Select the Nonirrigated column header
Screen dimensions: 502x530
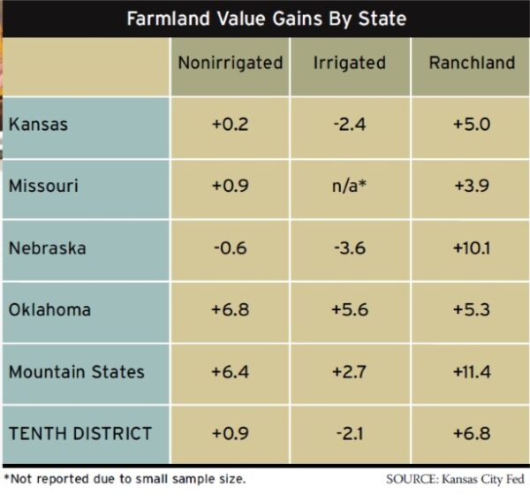[230, 63]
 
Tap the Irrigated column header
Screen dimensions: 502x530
[350, 63]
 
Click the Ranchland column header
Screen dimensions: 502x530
[471, 63]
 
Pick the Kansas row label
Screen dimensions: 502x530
[39, 124]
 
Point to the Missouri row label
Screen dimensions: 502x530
[44, 186]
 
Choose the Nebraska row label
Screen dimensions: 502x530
[48, 247]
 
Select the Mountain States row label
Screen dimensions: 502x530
[77, 371]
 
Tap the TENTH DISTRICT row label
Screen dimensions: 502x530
[80, 433]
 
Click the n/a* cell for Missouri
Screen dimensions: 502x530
[350, 186]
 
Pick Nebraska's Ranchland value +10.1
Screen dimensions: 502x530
[471, 247]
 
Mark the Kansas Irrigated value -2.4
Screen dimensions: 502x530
[350, 124]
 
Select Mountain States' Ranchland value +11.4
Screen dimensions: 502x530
[471, 371]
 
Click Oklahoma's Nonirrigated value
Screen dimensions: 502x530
[230, 309]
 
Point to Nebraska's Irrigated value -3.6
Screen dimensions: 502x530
[350, 247]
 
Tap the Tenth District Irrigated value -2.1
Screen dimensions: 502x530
[350, 433]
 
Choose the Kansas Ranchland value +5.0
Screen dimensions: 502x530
[471, 124]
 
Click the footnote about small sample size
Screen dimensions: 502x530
[125, 479]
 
